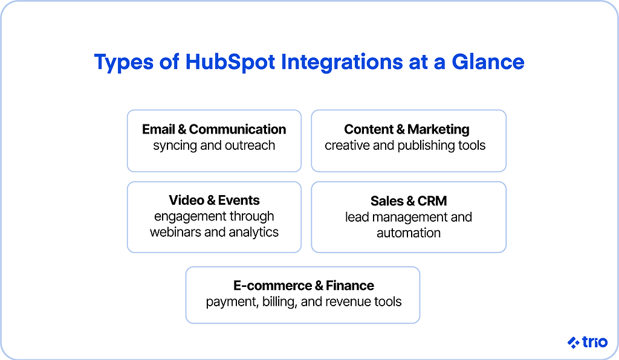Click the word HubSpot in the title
230,62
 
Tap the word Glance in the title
488,62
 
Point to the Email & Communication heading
214,129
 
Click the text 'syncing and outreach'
214,146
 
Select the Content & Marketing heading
407,129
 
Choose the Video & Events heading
214,201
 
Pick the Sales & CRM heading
409,201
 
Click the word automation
409,233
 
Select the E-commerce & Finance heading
303,286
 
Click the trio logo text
595,342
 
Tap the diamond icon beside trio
573,342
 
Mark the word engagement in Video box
186,217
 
